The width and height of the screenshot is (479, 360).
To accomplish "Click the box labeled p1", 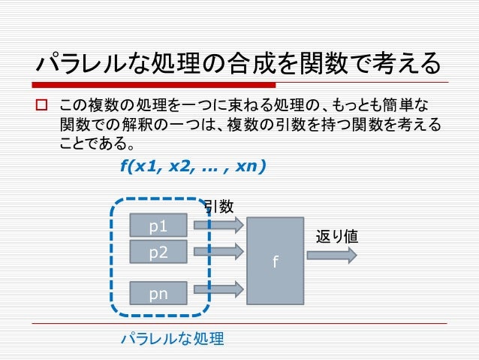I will pyautogui.click(x=158, y=225).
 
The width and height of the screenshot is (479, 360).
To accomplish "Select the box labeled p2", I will pyautogui.click(x=158, y=253).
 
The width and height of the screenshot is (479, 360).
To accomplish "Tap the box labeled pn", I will pyautogui.click(x=158, y=294).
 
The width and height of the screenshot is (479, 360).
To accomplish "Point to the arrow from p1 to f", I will pyautogui.click(x=218, y=224).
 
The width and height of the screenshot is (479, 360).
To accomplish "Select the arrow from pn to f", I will pyautogui.click(x=218, y=288).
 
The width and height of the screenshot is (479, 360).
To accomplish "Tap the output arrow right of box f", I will pyautogui.click(x=331, y=255).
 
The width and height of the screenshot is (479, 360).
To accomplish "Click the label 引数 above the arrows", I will pyautogui.click(x=218, y=206).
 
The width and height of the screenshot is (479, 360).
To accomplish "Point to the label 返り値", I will pyautogui.click(x=336, y=236).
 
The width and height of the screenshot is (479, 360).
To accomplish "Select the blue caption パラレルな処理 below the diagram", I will pyautogui.click(x=173, y=339).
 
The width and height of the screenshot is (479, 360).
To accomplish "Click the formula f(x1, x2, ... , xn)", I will pyautogui.click(x=192, y=167).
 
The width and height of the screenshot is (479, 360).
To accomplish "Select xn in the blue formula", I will pyautogui.click(x=246, y=167).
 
